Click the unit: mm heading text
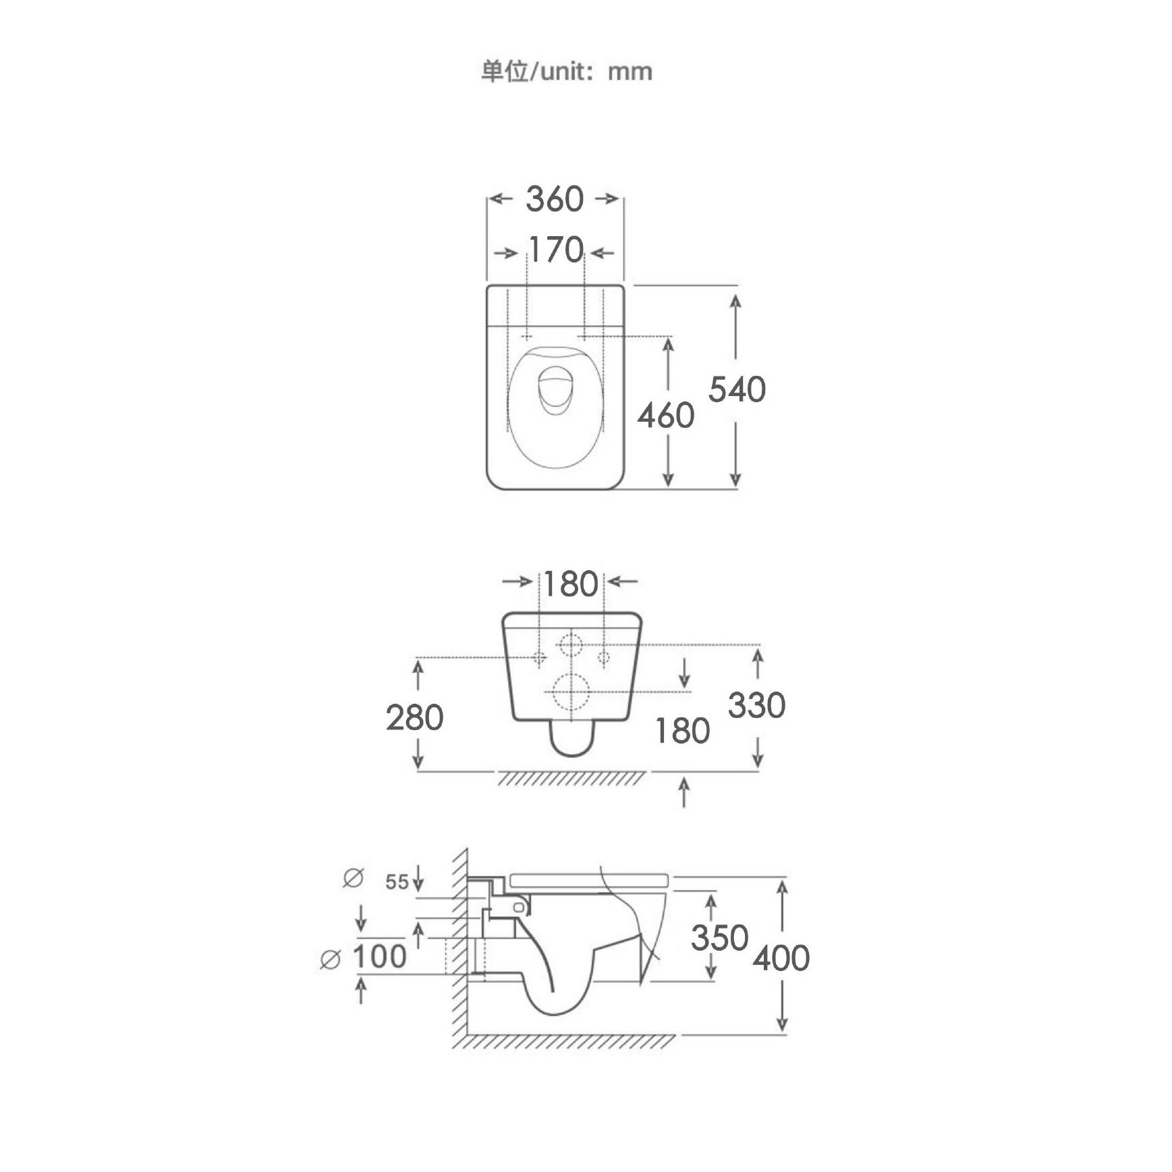tap(566, 71)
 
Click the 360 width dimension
tap(555, 199)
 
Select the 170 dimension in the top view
tap(555, 250)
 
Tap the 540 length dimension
tap(737, 389)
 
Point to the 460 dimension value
tap(666, 415)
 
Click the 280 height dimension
tap(414, 717)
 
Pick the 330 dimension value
tap(756, 706)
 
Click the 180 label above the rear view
tap(571, 584)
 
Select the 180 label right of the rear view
tap(682, 731)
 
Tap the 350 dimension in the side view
tap(719, 938)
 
